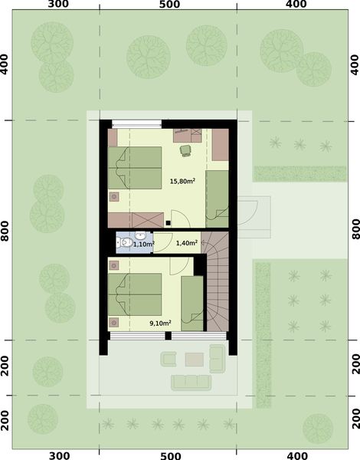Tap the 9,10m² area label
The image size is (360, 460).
(x=160, y=324)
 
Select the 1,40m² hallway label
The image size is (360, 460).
(x=187, y=243)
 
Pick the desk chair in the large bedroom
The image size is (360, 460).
(x=185, y=149)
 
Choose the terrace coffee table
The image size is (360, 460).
(x=195, y=357)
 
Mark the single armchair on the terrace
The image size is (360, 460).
(x=169, y=356)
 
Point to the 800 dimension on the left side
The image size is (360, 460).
(x=6, y=229)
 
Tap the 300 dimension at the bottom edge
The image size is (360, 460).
(x=59, y=455)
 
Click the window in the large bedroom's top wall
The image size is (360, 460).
(x=136, y=123)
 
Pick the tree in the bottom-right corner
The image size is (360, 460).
(x=316, y=427)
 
